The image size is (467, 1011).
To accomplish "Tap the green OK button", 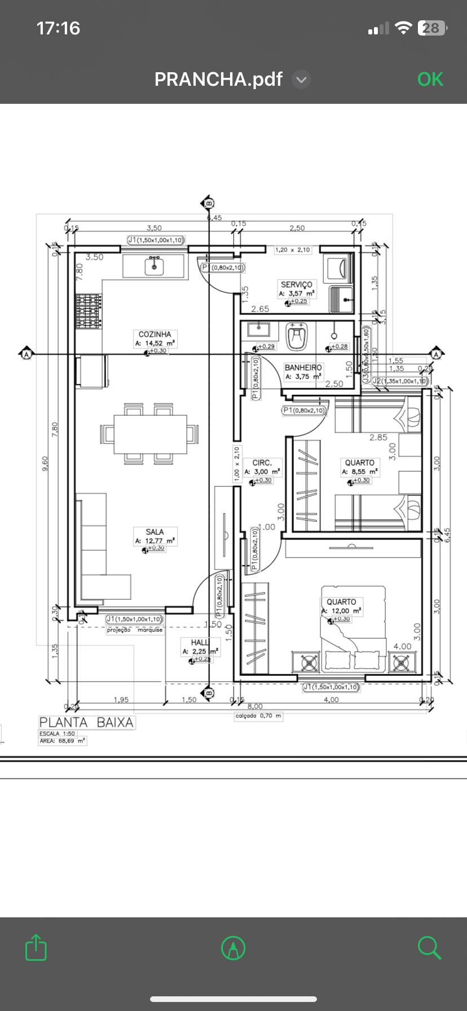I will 430,80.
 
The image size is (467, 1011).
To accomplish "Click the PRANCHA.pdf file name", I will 218,80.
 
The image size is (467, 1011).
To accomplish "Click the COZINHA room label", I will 155,334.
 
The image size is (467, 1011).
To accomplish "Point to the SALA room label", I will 155,531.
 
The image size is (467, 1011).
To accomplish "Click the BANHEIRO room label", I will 303,367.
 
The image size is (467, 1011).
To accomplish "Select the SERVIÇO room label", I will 296,285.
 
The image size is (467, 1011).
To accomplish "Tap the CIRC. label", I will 262,463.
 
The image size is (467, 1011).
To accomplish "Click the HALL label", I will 200,642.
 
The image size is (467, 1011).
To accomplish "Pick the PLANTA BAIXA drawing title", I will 86,722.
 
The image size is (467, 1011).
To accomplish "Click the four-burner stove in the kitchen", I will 89,311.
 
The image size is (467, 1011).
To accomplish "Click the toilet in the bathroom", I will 296,338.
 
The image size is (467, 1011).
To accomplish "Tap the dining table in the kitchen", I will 150,434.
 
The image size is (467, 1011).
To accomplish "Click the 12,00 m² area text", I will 346,610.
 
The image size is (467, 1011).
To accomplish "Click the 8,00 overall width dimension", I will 255,706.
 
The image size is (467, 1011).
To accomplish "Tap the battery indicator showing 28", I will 431,28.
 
